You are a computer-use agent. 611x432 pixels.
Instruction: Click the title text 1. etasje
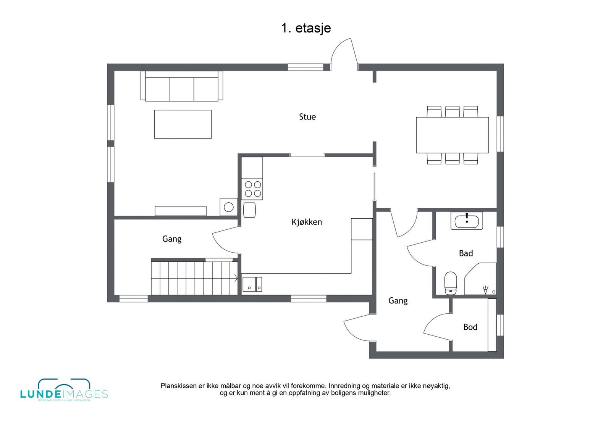306,28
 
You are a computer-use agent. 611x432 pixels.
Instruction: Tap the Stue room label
307,117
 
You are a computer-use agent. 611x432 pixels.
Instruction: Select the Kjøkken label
307,222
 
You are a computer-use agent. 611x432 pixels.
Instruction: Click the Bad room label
466,253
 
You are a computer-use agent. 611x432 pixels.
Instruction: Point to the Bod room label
470,327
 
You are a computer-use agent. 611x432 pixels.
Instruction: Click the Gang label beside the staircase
171,239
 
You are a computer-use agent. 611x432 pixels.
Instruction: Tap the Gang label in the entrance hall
398,301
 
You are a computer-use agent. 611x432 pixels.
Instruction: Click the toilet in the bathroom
451,282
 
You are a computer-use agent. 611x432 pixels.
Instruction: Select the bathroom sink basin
467,221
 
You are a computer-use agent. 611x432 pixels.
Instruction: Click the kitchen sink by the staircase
252,284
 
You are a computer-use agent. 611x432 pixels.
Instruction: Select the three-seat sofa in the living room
182,87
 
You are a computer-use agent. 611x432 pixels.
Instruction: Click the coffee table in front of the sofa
183,124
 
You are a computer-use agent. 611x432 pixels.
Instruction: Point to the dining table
452,135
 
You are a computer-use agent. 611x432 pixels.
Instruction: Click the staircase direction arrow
236,278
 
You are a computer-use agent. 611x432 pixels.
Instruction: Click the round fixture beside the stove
229,207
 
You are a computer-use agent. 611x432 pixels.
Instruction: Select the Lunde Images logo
64,390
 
